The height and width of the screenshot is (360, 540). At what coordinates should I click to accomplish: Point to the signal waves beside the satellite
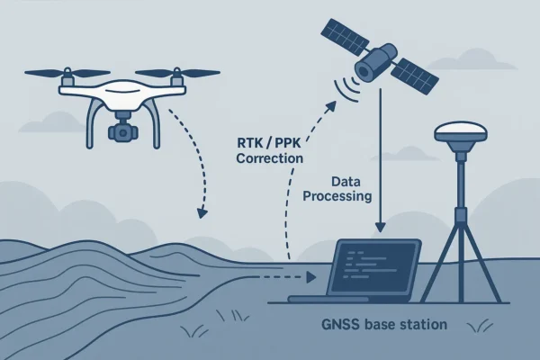343,84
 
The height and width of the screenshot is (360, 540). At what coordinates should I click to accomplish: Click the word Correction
268,158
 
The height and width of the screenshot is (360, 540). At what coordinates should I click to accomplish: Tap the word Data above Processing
346,180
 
